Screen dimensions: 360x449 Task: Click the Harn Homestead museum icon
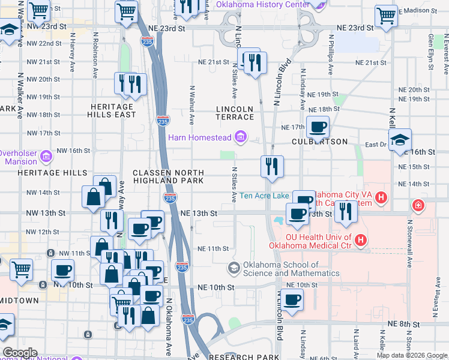point(241,137)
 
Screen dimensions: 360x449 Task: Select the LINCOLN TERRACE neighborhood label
point(235,113)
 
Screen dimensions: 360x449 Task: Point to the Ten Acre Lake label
point(264,196)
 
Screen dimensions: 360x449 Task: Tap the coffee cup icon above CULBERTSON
point(317,127)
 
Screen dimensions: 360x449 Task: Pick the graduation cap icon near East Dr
point(400,141)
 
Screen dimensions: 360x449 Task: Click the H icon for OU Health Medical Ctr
point(361,241)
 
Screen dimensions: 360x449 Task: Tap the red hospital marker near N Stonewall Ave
point(417,206)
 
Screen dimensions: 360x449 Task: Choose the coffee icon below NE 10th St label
point(292,300)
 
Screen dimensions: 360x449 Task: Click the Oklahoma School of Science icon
point(235,268)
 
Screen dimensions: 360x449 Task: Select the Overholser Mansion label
point(18,157)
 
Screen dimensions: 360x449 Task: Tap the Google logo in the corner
point(20,353)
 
